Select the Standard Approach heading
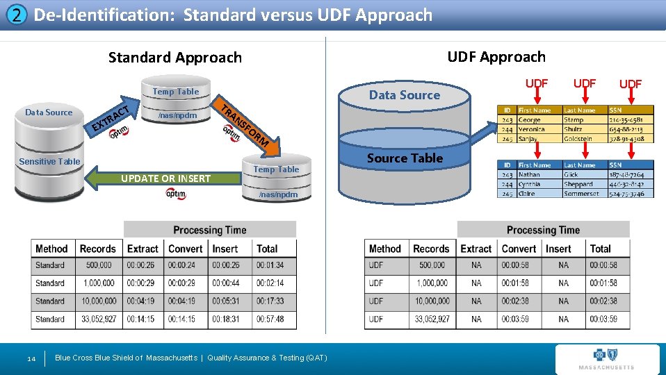175,58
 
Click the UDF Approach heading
496,57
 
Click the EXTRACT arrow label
111,117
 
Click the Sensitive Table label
49,162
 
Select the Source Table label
405,158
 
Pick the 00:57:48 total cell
270,319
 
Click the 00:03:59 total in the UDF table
603,319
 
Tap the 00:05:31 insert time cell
226,301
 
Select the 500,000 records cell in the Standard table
98,265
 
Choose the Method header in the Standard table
51,249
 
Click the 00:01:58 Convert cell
515,283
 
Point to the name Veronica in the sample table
532,129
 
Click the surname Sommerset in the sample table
580,194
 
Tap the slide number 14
31,358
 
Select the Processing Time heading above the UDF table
543,230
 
